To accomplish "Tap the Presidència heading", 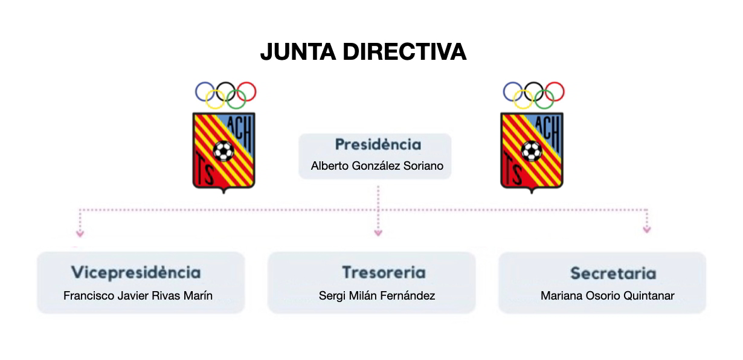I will tap(378, 145).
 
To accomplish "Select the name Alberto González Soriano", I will tap(377, 166).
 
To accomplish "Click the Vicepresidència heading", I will tap(136, 272).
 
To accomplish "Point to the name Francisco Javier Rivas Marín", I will tap(138, 296).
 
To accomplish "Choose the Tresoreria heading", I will tap(384, 272).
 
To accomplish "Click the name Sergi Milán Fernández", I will tap(377, 296).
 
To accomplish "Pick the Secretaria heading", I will tap(613, 274).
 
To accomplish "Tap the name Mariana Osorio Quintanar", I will tap(607, 296).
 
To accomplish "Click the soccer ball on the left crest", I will tap(224, 150).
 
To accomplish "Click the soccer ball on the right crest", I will tap(532, 150).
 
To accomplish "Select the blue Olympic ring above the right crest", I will tap(512, 91).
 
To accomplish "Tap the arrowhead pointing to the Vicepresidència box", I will tap(79, 233).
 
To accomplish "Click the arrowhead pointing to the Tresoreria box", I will tap(378, 232).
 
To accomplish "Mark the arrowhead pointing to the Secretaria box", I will tap(647, 230).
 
